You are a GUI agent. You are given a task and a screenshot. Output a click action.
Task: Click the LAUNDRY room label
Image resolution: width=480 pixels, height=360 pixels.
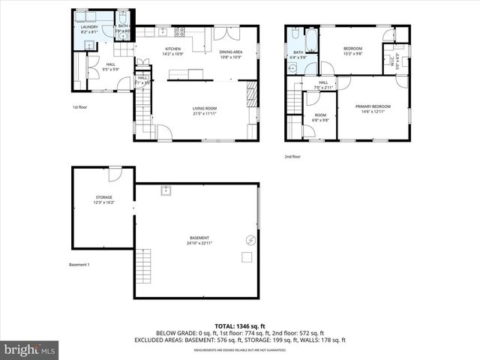(x=88, y=28)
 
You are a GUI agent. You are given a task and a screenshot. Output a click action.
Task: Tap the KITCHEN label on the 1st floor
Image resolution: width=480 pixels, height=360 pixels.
(x=173, y=49)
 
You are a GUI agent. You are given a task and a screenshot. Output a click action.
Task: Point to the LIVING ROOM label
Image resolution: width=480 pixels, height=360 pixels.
(x=205, y=110)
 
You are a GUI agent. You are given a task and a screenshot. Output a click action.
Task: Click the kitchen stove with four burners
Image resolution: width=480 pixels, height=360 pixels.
(x=179, y=32)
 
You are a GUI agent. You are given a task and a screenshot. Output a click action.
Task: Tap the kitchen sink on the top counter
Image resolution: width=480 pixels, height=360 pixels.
(x=161, y=31)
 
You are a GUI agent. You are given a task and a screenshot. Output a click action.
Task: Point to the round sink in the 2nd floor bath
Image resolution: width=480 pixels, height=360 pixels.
(x=292, y=67)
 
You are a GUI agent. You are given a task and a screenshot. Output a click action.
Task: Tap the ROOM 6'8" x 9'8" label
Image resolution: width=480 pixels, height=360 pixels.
(x=320, y=116)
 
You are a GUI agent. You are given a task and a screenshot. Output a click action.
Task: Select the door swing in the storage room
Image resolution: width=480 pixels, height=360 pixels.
(x=114, y=174)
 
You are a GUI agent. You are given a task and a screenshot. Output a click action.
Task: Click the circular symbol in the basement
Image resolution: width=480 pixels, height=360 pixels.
(x=250, y=240)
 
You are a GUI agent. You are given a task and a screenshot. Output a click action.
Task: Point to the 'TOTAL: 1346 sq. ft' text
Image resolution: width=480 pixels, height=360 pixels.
(x=239, y=325)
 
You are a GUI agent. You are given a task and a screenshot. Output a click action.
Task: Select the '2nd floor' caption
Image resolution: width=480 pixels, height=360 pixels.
(x=292, y=157)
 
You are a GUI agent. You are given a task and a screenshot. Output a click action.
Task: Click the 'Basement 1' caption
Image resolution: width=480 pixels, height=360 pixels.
(x=79, y=265)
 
